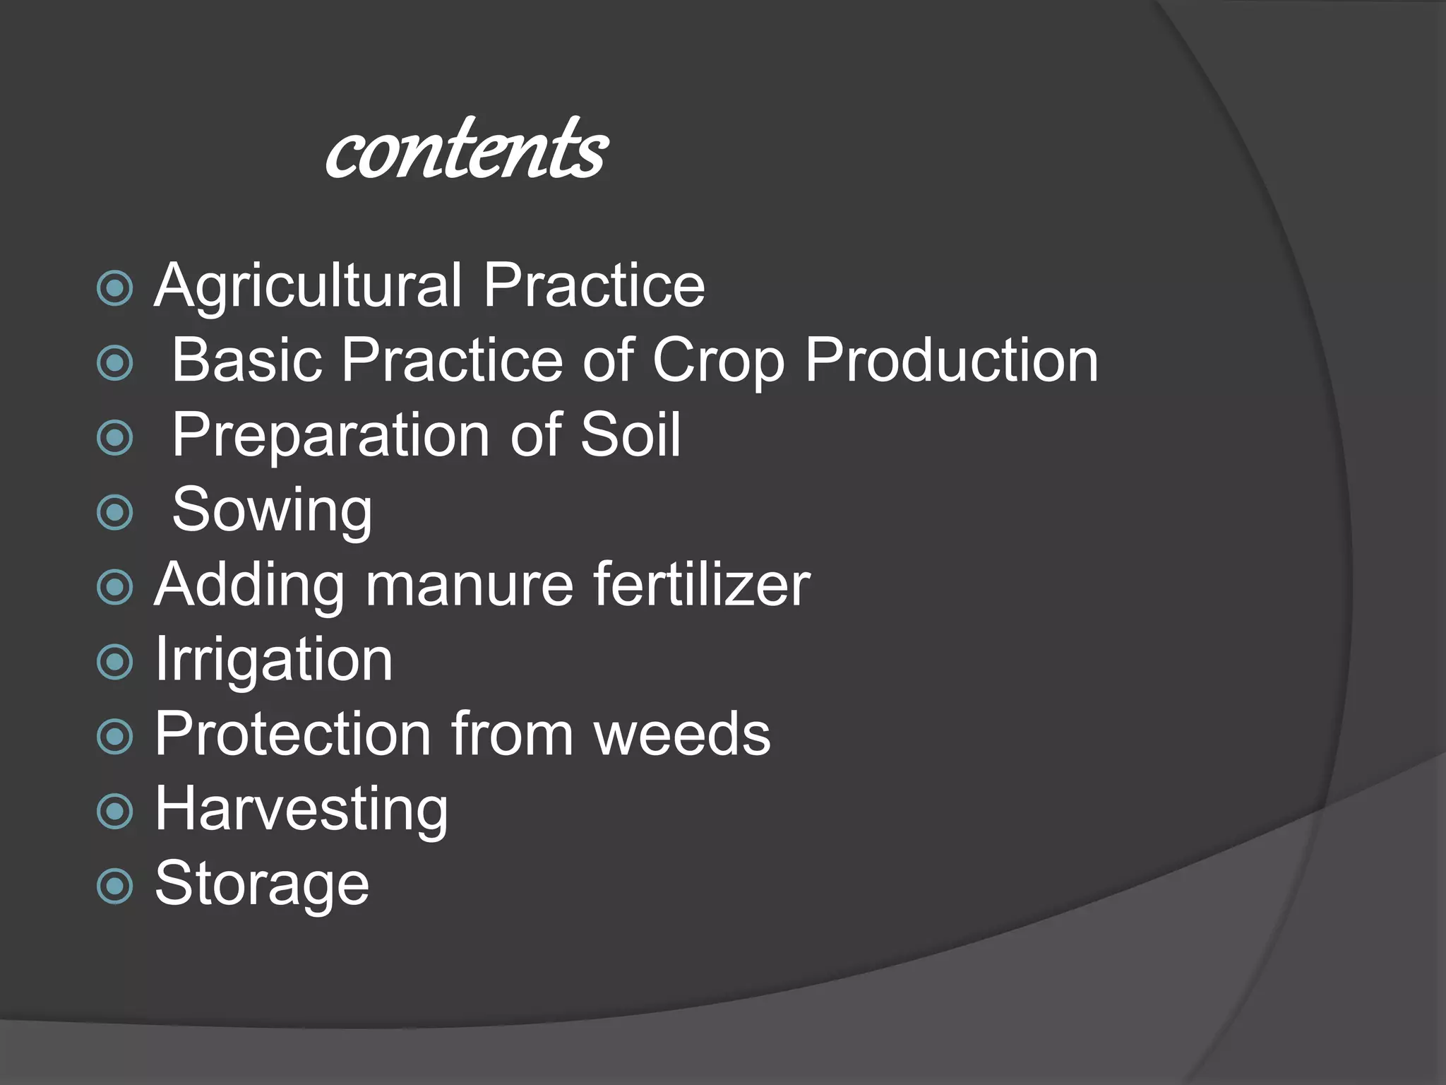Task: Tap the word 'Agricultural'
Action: click(309, 286)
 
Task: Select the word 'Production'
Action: click(952, 360)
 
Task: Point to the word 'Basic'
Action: click(247, 360)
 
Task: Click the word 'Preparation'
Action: click(331, 437)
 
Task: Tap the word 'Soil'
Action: click(631, 435)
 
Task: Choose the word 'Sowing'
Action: click(273, 511)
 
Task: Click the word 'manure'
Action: click(470, 585)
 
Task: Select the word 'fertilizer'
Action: click(702, 585)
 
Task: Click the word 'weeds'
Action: click(683, 735)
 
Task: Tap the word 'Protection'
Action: click(293, 735)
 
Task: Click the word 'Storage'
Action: click(262, 884)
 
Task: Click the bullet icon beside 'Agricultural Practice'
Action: click(114, 287)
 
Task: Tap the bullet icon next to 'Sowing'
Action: click(114, 512)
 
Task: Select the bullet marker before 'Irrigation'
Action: click(114, 662)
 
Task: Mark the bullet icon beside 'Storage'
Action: click(114, 886)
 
